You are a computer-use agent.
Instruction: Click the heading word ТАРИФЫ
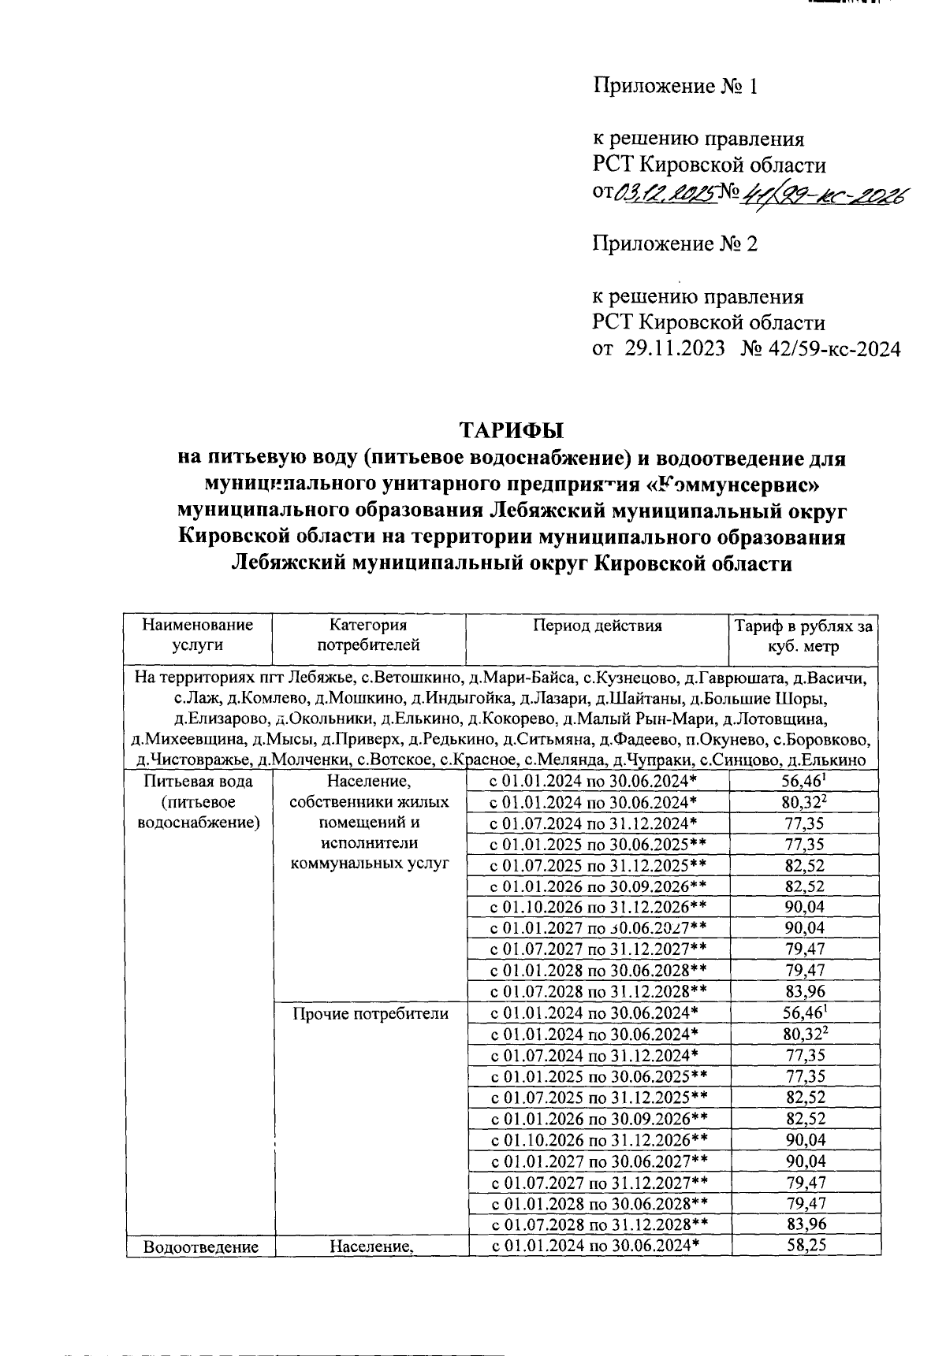click(x=512, y=431)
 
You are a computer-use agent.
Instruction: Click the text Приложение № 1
click(x=676, y=86)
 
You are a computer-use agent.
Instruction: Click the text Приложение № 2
click(x=676, y=243)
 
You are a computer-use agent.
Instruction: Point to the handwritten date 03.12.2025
click(x=665, y=191)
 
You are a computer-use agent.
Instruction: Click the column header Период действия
click(x=597, y=626)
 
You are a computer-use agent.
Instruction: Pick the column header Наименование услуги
click(x=198, y=635)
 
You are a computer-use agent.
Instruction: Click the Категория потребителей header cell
click(x=368, y=635)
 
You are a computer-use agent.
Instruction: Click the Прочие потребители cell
click(x=370, y=1013)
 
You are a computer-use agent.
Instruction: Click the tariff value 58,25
click(x=806, y=1246)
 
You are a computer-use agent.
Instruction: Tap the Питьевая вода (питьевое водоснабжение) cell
click(x=198, y=802)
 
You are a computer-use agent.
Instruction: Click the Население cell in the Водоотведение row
click(x=371, y=1246)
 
